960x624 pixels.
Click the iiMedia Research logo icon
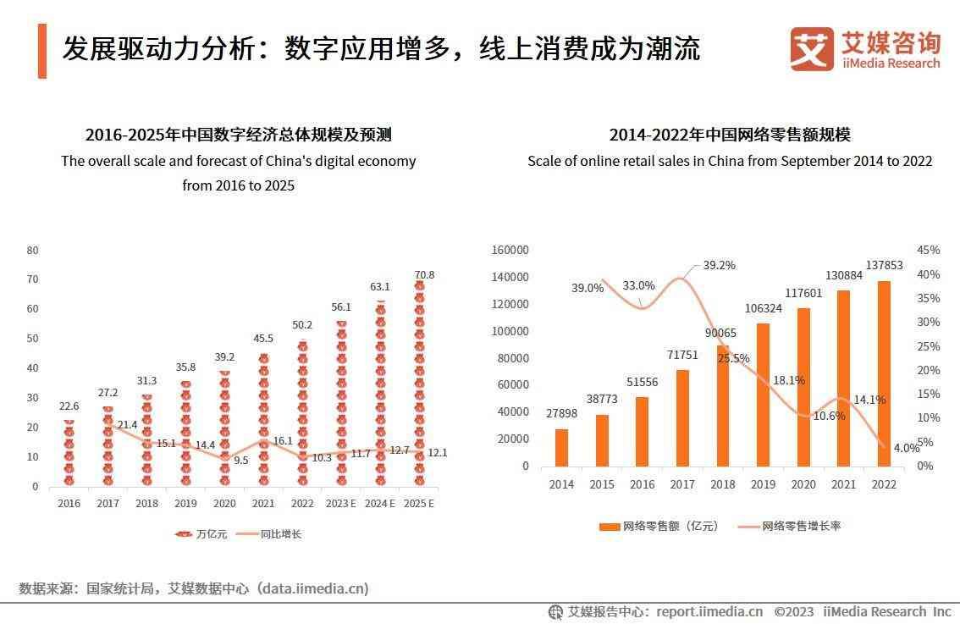point(811,49)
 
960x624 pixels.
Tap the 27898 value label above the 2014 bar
point(561,412)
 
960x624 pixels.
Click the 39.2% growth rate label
point(719,265)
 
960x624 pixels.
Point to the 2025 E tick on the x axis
point(419,503)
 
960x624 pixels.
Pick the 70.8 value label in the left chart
point(424,275)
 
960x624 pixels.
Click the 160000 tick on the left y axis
point(510,250)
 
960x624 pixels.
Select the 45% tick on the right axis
point(929,250)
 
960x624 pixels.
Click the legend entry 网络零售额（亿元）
point(659,526)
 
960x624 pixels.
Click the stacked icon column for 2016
point(69,453)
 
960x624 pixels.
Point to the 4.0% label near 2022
point(906,449)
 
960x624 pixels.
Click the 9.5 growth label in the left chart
point(240,461)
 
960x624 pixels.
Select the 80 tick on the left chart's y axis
point(33,250)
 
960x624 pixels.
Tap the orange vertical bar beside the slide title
point(42,51)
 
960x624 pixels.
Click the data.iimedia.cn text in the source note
point(312,588)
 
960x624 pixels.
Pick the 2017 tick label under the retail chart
point(682,484)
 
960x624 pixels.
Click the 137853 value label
point(884,265)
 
